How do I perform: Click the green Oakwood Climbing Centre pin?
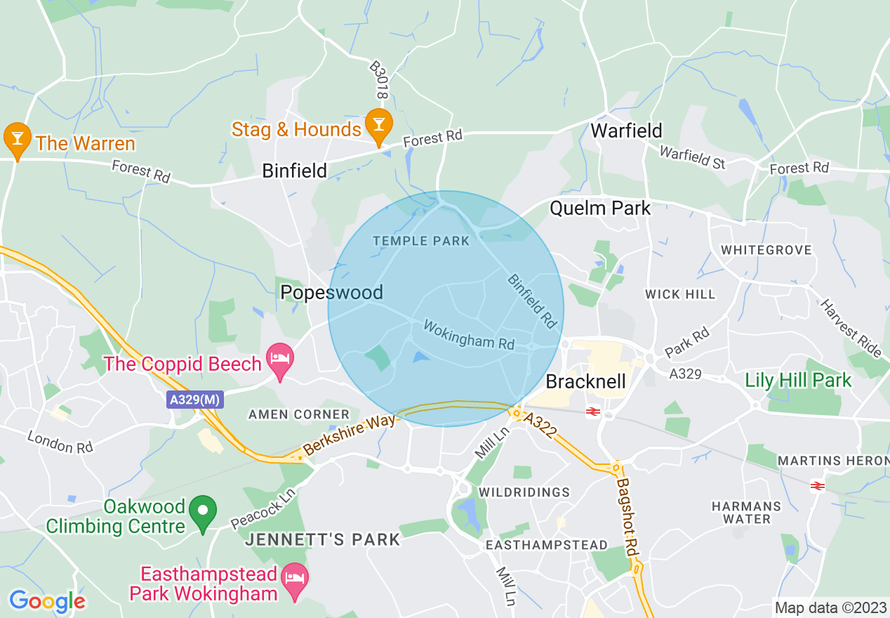pos(204,513)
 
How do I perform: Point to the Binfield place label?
pos(295,171)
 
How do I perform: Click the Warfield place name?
pos(626,131)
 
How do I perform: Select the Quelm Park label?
pos(600,208)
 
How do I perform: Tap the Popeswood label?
pos(331,292)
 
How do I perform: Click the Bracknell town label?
pos(585,381)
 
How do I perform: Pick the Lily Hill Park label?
pos(798,381)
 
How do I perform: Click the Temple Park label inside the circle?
pos(421,241)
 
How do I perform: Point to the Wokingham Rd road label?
pos(468,335)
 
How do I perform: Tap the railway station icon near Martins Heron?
pos(817,485)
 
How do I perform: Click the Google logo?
pos(47,601)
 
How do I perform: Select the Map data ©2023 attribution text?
pos(829,607)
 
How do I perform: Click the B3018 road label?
pos(378,79)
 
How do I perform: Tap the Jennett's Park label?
pos(323,539)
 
